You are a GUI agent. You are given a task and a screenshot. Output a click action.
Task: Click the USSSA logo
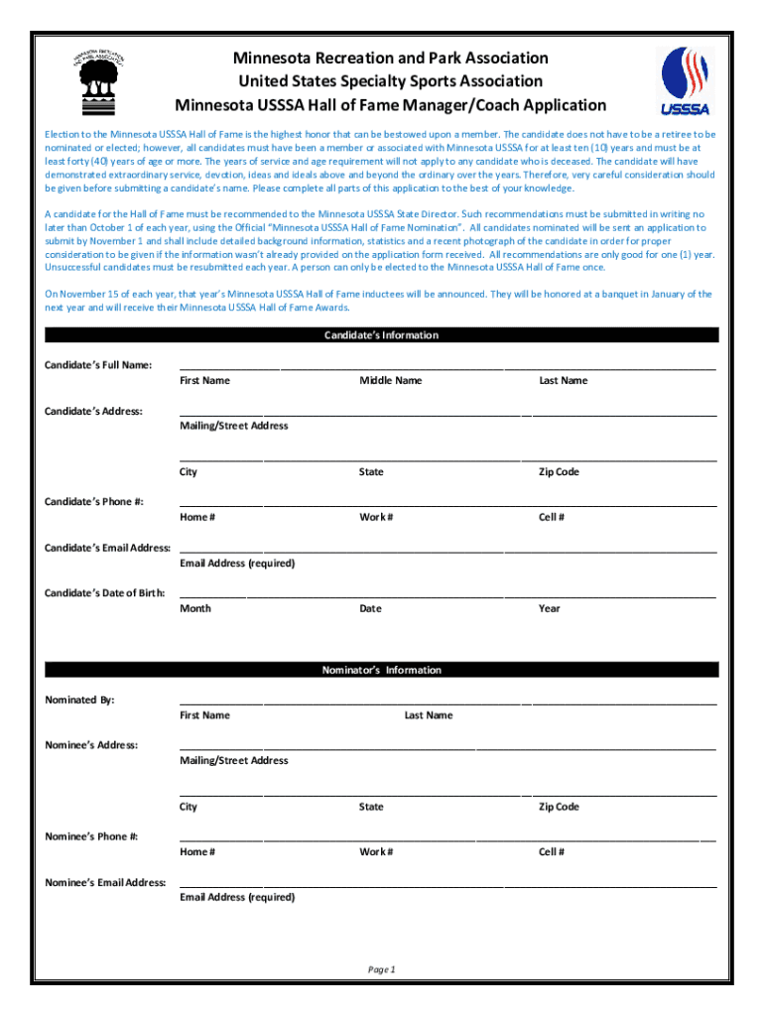[x=685, y=80]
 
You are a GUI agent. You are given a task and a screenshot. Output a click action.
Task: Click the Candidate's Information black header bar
[x=382, y=335]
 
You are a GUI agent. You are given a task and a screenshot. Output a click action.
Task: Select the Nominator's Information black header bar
[x=382, y=670]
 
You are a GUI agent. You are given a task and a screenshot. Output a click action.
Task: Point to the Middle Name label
[x=390, y=381]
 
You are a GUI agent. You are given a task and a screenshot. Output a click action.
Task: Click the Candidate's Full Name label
[x=98, y=365]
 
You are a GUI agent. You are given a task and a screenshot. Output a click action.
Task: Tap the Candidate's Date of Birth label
[x=104, y=593]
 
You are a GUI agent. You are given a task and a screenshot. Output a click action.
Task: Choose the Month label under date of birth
[x=195, y=608]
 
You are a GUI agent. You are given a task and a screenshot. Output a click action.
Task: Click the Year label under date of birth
[x=550, y=608]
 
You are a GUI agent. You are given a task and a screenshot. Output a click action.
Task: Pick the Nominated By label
[x=80, y=699]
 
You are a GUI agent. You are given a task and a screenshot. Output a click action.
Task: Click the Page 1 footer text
[x=382, y=969]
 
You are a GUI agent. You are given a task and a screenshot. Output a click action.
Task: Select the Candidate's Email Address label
[x=107, y=548]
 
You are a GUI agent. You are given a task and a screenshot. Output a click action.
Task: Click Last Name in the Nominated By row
[x=429, y=715]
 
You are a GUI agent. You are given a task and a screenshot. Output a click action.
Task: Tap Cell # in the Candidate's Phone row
[x=552, y=517]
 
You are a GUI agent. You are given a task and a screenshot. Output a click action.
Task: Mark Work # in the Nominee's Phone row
[x=376, y=851]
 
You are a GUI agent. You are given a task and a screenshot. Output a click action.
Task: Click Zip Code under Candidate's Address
[x=559, y=472]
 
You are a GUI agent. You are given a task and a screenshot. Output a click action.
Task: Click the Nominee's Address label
[x=91, y=744]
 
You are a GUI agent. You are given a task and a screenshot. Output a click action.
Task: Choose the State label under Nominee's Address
[x=371, y=807]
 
